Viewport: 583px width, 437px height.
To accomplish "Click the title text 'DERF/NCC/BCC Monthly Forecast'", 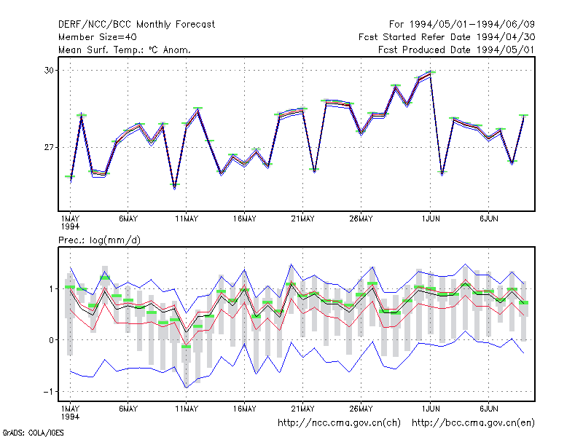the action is pos(136,25).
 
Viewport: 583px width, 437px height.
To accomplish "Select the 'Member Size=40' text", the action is pos(98,37).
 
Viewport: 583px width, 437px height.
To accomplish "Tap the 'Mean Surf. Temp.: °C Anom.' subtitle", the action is pos(125,50).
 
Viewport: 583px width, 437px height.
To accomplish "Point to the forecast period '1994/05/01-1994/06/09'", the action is pos(472,25).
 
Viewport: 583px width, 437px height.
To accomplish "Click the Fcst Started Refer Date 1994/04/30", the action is pos(447,37).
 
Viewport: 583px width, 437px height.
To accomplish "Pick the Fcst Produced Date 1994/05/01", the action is pos(457,50).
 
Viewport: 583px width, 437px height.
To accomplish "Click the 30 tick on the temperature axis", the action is pos(50,70).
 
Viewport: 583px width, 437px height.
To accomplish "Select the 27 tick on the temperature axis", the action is pos(50,148).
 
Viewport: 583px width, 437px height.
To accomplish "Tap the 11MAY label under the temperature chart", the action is pos(187,219).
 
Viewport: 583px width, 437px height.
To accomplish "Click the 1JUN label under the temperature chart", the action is pos(431,219).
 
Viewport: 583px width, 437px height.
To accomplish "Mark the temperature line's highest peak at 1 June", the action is pos(431,72).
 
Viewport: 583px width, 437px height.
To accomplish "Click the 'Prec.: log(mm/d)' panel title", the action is pos(99,240).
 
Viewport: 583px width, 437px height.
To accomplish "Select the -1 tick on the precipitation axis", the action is pos(48,392).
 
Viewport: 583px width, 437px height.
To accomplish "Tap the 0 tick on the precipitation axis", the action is pos(52,340).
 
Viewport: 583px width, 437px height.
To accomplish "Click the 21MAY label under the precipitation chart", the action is pos(302,409).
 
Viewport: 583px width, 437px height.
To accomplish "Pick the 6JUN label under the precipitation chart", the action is pos(488,409).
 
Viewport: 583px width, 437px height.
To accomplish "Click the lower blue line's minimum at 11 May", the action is pos(187,387).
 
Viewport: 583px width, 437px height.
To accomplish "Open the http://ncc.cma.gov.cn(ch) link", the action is pos(339,423).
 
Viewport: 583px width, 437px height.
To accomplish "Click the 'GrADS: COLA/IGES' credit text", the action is pos(33,433).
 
